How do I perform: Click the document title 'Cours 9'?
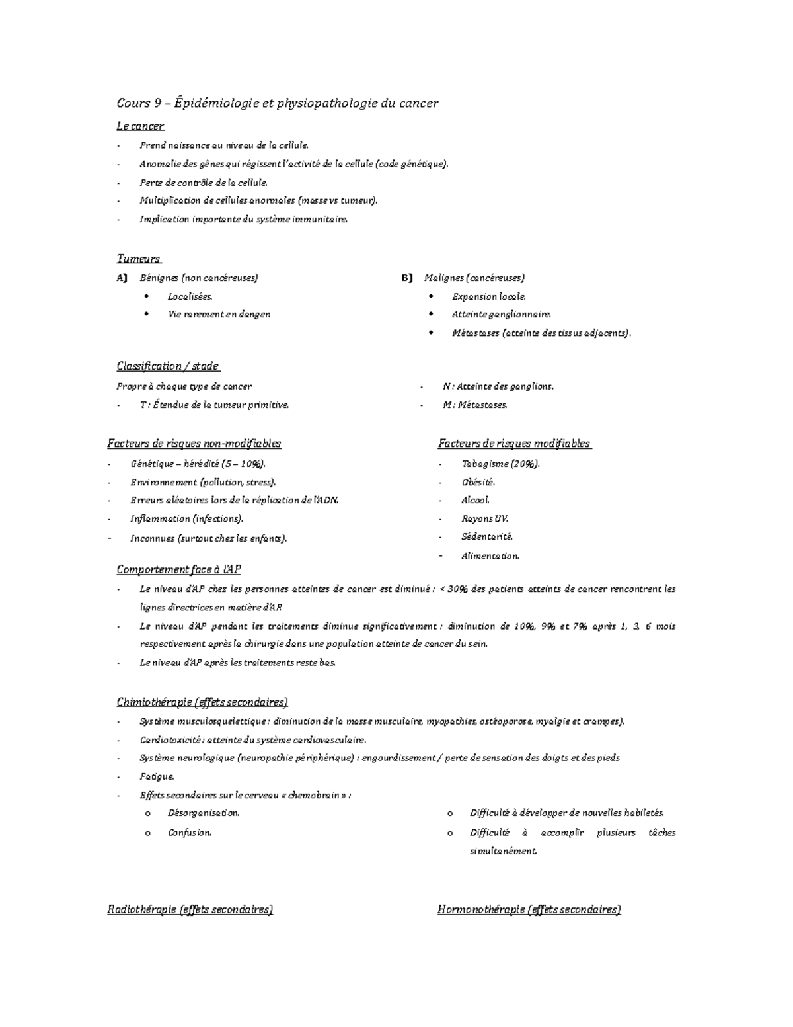(x=139, y=103)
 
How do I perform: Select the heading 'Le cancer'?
(x=140, y=126)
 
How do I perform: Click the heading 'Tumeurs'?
(x=139, y=259)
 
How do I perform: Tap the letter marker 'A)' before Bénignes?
(x=122, y=278)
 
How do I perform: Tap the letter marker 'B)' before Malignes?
(x=406, y=278)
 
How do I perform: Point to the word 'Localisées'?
(x=190, y=297)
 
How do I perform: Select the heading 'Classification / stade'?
(x=168, y=366)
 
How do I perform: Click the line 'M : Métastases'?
(x=474, y=405)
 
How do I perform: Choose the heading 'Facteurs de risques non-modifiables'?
(x=194, y=444)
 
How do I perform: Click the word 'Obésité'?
(x=478, y=483)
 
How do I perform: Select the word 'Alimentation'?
(x=490, y=556)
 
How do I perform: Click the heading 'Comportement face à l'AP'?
(x=178, y=569)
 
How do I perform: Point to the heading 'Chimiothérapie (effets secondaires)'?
(x=202, y=702)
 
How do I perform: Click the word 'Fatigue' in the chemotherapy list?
(x=157, y=777)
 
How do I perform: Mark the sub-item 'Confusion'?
(x=190, y=833)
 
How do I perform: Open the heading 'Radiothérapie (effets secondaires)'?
(x=190, y=910)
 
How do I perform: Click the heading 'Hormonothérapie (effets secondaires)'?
(x=529, y=910)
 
